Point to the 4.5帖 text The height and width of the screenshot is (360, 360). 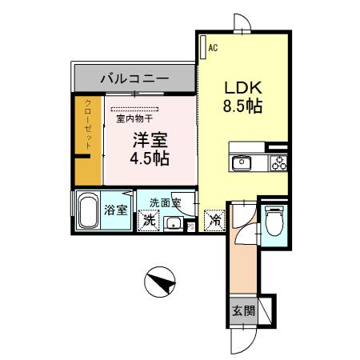pos(150,158)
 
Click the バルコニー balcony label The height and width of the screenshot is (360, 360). pos(134,79)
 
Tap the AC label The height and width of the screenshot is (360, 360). pos(213,49)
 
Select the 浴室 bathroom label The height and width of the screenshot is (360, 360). pos(115,210)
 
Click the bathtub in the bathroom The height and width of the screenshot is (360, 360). pos(90,212)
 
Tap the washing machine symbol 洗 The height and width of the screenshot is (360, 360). pos(148,221)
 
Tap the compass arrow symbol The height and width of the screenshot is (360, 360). pos(162,282)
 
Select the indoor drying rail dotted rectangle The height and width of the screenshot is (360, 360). pos(135,107)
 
